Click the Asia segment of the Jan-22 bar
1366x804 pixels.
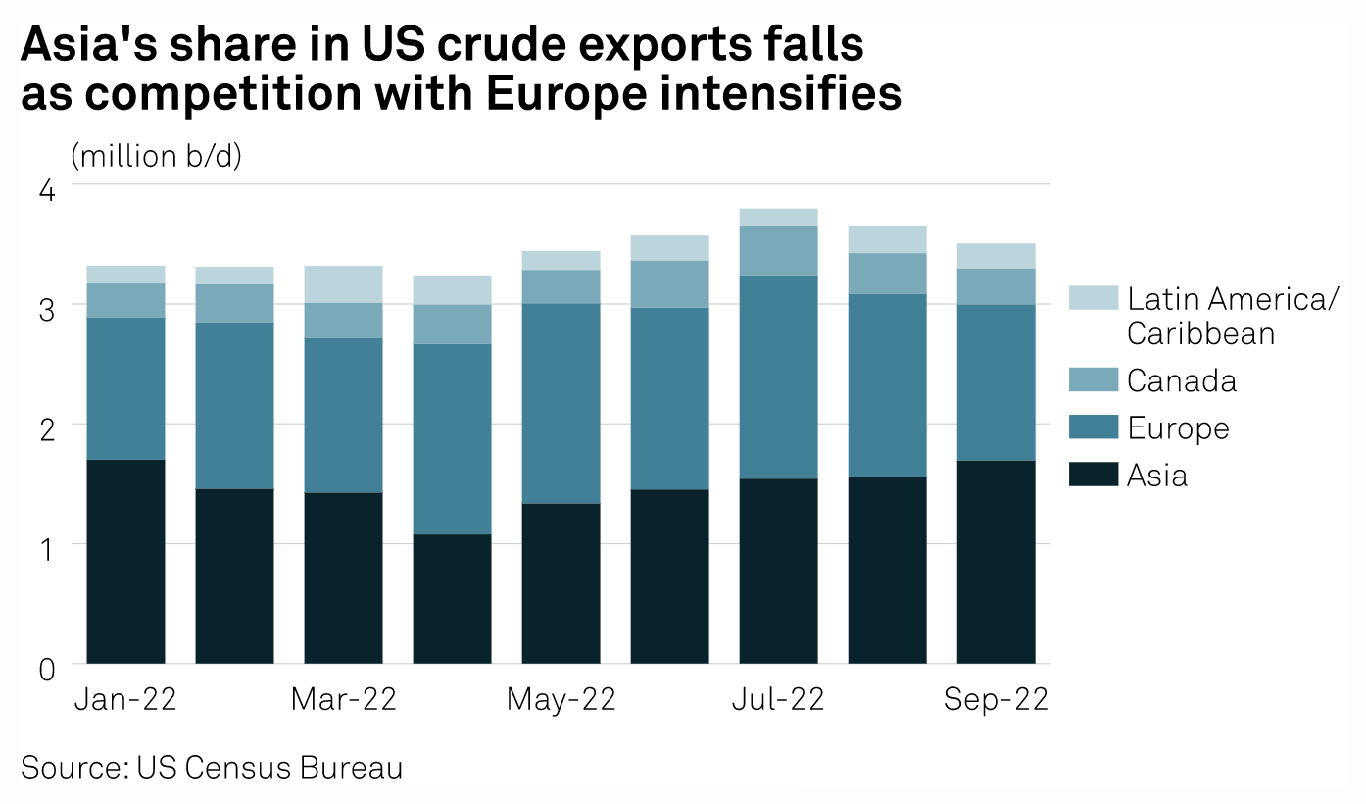pos(125,561)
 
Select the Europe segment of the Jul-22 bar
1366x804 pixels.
pos(778,377)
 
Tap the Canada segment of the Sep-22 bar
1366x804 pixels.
pos(996,286)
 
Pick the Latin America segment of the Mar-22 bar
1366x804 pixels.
pos(343,284)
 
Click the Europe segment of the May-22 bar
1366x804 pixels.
pos(561,403)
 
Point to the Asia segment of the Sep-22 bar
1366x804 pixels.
pos(996,562)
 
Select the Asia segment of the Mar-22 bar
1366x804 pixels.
pos(343,578)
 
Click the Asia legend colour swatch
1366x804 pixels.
pos(1094,476)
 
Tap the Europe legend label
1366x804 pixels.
pos(1178,428)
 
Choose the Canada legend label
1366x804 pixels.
pos(1181,380)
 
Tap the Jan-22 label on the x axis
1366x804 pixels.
pos(124,699)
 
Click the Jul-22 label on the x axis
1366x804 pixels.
pos(778,699)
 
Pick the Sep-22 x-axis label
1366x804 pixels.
pos(996,699)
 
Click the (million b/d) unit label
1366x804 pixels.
pos(156,156)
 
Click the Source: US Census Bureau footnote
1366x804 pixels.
pos(212,768)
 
